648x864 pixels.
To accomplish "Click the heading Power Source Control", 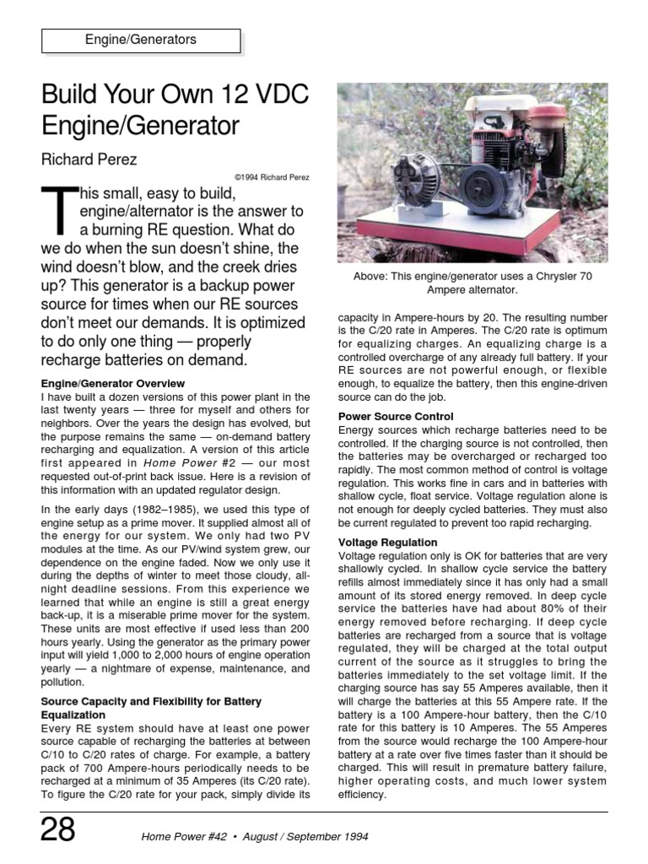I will tap(395, 416).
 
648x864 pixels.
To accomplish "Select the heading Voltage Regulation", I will tap(387, 542).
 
